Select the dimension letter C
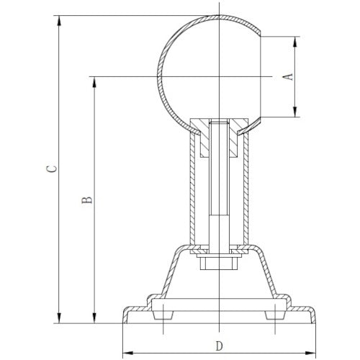49,168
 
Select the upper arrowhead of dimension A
295,40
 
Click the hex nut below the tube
217,262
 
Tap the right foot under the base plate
274,312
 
